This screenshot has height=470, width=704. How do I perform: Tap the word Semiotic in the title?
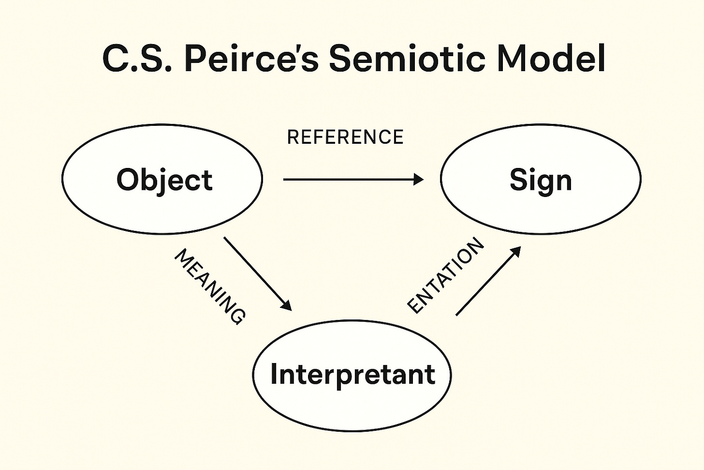(407, 59)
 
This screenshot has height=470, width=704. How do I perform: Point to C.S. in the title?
(137, 59)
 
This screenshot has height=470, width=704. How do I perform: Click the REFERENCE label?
(345, 137)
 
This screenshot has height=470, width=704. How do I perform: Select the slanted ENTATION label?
(446, 276)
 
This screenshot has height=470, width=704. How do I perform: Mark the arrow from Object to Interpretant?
(256, 273)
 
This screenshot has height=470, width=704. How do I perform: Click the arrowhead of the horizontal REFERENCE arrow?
(418, 180)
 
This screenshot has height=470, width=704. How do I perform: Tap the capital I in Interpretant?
(274, 374)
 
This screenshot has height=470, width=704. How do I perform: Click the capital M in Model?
(512, 59)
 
